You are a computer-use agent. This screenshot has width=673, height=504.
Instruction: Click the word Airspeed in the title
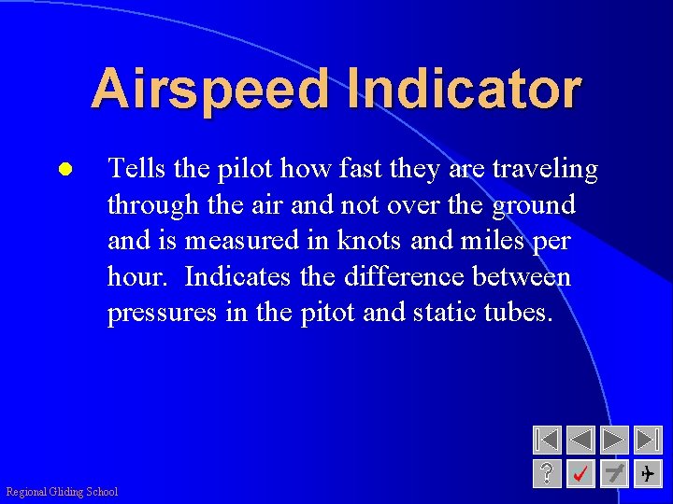(210, 90)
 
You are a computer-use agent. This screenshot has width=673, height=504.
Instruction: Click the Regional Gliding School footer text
(62, 492)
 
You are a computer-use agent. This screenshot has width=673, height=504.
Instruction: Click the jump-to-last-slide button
(648, 440)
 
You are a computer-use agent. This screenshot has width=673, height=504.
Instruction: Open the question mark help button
(547, 473)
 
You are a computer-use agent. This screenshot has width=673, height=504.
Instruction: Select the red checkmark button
(580, 473)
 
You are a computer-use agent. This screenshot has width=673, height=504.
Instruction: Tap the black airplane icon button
(648, 473)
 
